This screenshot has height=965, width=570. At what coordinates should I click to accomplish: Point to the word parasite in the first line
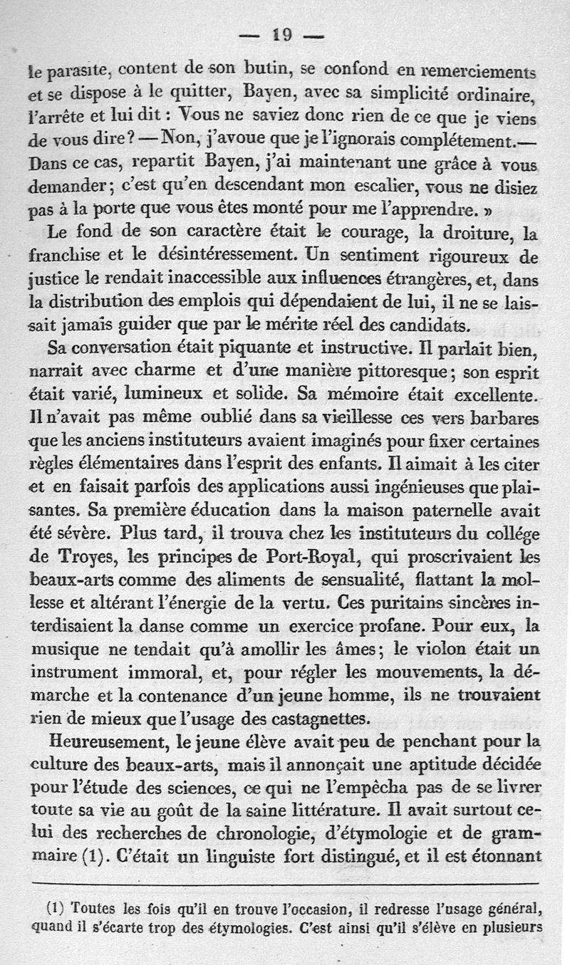click(79, 71)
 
